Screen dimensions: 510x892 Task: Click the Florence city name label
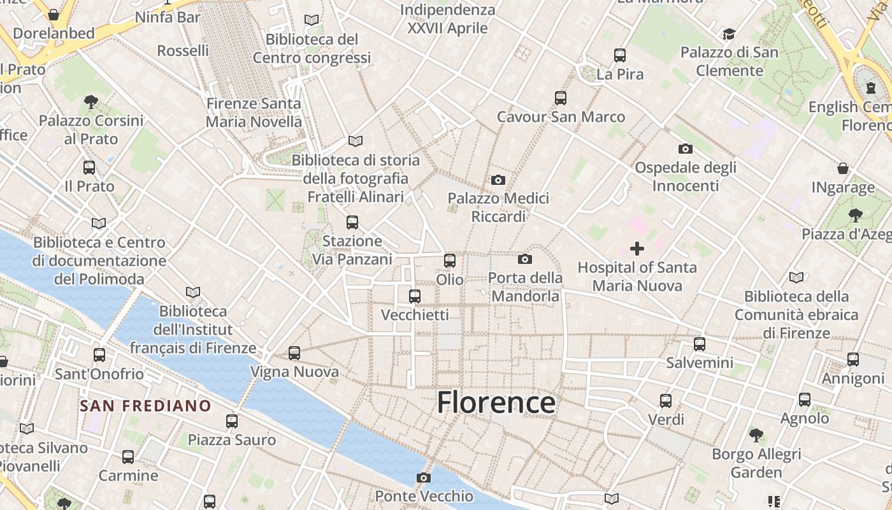pos(496,403)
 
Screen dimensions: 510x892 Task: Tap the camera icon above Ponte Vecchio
pos(424,477)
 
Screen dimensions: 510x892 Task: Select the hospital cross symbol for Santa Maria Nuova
pos(637,249)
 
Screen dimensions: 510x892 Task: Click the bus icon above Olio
pos(450,260)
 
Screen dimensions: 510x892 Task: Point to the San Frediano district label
pos(145,405)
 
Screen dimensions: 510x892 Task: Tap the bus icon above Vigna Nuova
pos(294,353)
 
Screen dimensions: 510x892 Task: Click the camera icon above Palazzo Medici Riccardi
pos(498,180)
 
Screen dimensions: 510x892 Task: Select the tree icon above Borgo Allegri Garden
pos(756,435)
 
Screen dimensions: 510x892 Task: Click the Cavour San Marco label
pos(561,117)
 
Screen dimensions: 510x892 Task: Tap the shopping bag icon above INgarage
pos(843,168)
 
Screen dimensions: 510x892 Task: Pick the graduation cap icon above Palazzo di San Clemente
pos(729,33)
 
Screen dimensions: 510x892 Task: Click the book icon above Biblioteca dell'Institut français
pos(193,292)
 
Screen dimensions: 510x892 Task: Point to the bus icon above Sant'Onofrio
pos(99,354)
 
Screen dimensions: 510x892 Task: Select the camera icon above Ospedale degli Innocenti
pos(686,149)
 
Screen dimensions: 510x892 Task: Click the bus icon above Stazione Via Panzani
pos(352,222)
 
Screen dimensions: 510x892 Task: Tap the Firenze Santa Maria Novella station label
pos(254,112)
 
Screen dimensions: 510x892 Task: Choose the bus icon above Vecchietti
pos(415,296)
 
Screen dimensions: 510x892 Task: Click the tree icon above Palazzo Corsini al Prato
pos(91,101)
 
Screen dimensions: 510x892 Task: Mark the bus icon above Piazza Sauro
pos(232,421)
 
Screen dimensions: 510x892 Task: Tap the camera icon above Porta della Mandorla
pos(525,259)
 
